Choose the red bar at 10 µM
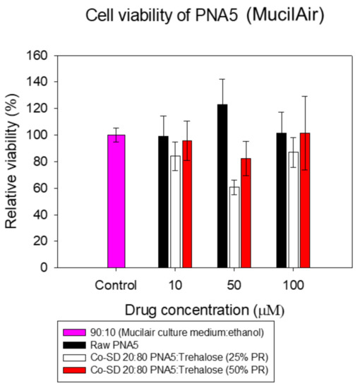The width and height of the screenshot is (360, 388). (x=187, y=204)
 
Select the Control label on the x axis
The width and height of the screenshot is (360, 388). (x=116, y=285)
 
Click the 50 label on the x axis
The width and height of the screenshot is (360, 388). (x=234, y=285)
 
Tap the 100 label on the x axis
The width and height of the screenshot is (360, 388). (x=293, y=285)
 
